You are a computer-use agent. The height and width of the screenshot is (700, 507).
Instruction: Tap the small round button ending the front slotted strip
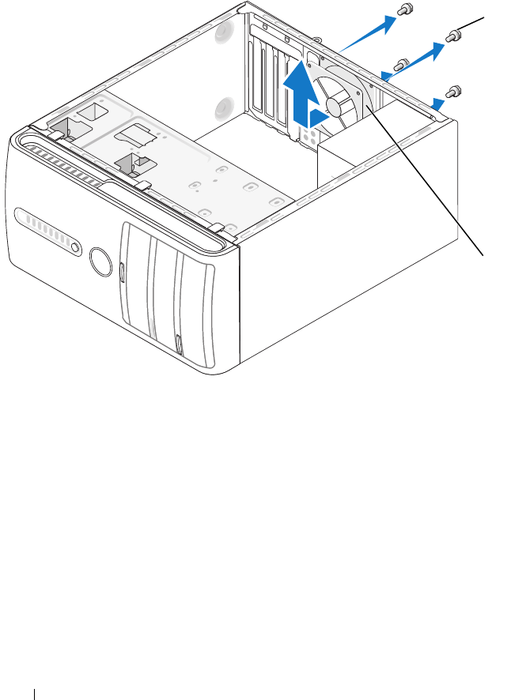point(74,248)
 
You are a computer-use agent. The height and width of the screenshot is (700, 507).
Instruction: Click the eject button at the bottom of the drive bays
point(180,345)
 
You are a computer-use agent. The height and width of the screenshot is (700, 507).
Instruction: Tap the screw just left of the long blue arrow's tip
point(401,63)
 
